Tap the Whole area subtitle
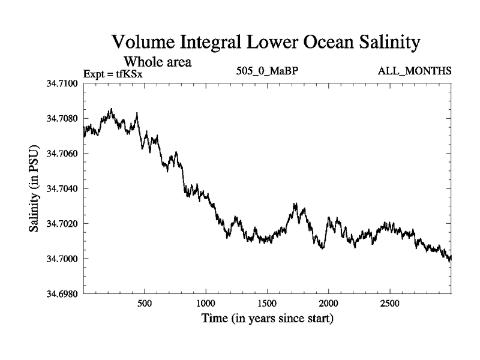pos(157,62)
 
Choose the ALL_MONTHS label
pos(414,71)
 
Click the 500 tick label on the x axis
pos(144,304)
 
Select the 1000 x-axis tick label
pos(206,304)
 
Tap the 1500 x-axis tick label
pos(268,304)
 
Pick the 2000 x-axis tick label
pos(329,304)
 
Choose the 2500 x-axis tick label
pos(390,304)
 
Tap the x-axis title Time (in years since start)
pos(268,319)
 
